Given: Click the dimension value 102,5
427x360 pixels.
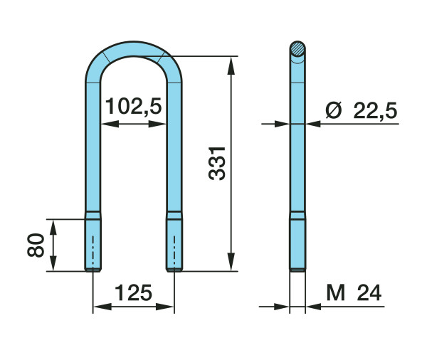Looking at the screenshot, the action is pos(134,106).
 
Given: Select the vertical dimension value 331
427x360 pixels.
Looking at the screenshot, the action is pos(217,164).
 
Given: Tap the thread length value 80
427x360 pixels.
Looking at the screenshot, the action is pos(36,245).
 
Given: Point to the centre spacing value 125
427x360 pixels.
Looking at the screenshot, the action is pos(134,293).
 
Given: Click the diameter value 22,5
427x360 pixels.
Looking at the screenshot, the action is pos(375,111).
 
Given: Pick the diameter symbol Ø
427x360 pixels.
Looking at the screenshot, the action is pos(333,110).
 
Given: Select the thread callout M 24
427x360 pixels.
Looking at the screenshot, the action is pos(354,292).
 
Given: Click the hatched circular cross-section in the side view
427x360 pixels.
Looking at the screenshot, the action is pos(297,49).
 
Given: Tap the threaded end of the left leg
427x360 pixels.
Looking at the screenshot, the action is pos(93,242).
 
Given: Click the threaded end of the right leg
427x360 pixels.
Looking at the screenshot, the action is pos(174,242).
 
